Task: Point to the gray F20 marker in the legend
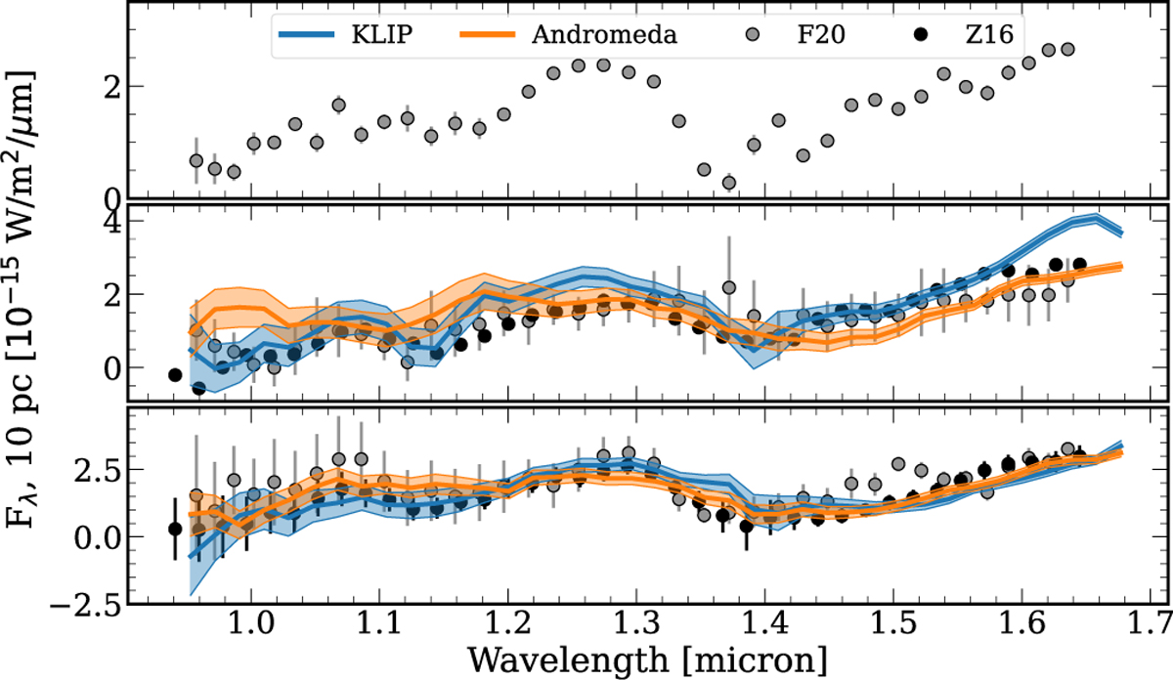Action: pos(753,38)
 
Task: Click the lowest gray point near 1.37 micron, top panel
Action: pos(728,183)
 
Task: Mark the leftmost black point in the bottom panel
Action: pos(176,529)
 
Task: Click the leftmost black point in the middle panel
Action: pos(176,374)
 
